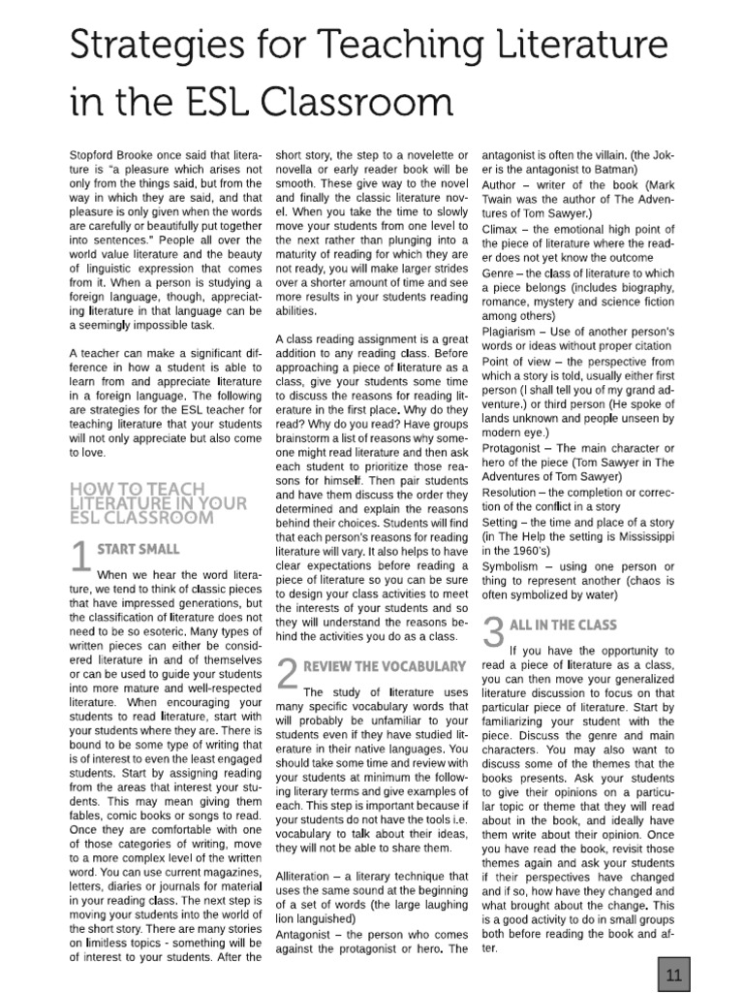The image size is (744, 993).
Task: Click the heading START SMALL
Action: [138, 549]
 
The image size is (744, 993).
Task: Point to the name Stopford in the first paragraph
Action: [95, 155]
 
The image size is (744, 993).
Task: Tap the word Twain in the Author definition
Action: [502, 199]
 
